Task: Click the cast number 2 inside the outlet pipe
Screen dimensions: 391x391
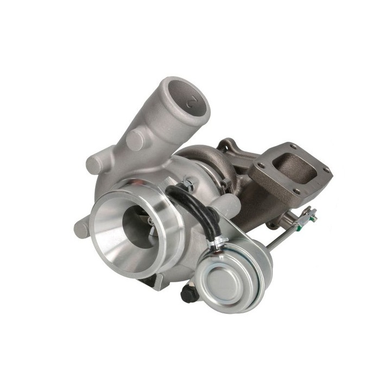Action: pos(191,102)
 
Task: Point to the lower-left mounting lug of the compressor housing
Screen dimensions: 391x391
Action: pos(81,228)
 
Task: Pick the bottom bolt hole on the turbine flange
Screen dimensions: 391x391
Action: pos(297,191)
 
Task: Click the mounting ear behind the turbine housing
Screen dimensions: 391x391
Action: pos(225,145)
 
